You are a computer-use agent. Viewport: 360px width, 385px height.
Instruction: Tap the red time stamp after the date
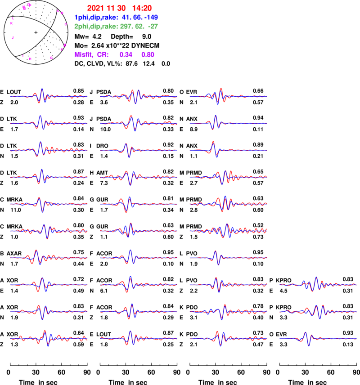click(142, 8)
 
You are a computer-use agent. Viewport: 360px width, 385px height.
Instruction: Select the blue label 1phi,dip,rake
click(96, 17)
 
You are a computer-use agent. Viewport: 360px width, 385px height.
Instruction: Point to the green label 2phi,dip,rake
click(96, 26)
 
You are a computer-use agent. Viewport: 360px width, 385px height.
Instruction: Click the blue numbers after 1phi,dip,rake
click(139, 17)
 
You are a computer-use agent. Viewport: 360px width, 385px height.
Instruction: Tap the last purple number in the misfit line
click(148, 54)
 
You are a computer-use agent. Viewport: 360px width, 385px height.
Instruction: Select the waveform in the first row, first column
click(49, 96)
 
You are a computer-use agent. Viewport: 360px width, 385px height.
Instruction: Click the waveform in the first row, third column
click(228, 96)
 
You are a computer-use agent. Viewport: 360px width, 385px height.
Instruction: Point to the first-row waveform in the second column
click(139, 96)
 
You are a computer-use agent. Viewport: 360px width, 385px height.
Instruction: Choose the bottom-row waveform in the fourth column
click(318, 338)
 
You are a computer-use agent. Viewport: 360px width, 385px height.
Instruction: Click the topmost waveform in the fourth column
click(318, 284)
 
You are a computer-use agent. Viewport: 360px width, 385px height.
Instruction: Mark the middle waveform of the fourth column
click(318, 311)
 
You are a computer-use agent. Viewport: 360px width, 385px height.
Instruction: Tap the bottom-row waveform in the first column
click(49, 338)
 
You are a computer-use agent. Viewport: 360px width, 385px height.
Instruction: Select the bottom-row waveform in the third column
click(228, 338)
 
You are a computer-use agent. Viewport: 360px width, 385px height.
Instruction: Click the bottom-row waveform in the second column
click(139, 338)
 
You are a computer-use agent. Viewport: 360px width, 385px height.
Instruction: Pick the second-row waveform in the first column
click(49, 123)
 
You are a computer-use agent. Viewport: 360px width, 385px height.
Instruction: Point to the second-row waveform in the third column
click(228, 123)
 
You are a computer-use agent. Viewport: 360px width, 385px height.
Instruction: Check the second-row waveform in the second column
click(139, 123)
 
